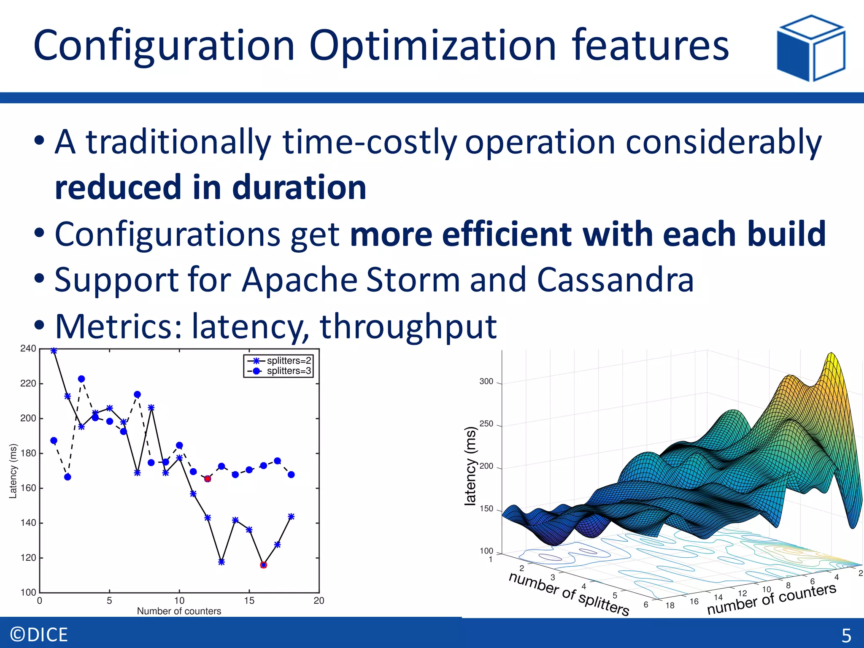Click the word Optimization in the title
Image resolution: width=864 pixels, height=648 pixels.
point(433,45)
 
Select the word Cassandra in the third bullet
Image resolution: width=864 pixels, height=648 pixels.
point(615,280)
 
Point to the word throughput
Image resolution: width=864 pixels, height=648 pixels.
point(408,327)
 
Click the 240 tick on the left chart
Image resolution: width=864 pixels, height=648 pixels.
point(28,348)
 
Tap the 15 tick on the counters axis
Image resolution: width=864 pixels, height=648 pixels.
point(249,600)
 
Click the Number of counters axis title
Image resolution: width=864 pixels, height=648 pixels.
point(179,611)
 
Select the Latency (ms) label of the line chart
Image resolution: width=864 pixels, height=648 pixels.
point(13,471)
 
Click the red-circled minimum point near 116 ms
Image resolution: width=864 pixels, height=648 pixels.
point(264,565)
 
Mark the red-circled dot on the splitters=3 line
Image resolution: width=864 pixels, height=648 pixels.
point(208,478)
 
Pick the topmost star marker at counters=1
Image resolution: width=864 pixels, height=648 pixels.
point(54,351)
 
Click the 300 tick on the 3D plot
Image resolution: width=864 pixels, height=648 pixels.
point(486,381)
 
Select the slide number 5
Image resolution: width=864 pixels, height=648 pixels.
point(846,635)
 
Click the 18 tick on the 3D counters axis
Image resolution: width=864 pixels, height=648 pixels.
point(670,605)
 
